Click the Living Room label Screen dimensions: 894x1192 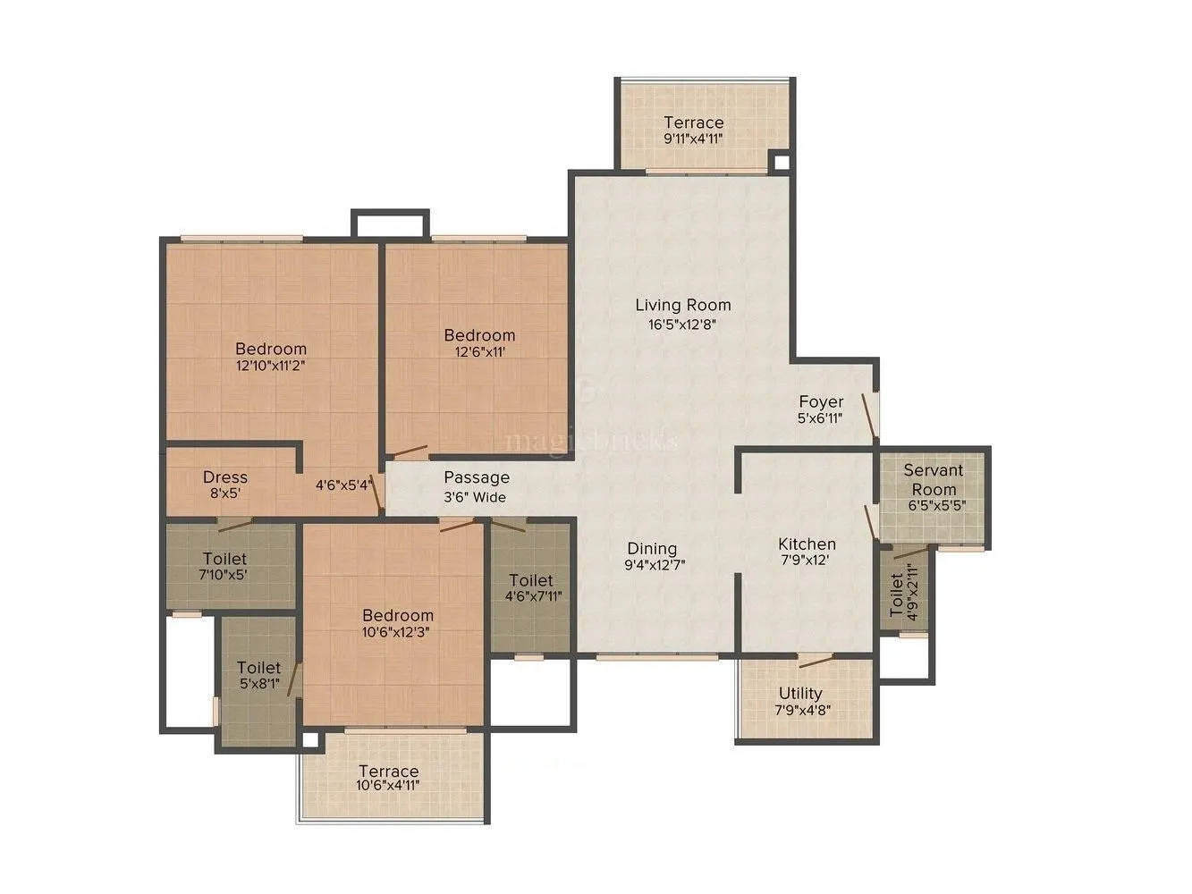coord(682,305)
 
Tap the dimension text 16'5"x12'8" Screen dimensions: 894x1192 coord(682,325)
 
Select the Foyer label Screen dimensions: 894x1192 coord(821,401)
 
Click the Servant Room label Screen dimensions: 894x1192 coord(934,479)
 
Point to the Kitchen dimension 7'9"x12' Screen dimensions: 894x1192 coord(807,561)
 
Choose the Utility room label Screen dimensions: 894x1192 coord(800,693)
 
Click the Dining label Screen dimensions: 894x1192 coord(652,548)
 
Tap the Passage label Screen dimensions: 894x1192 coord(477,477)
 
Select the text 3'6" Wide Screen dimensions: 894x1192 coord(476,497)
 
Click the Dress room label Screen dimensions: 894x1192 coord(224,477)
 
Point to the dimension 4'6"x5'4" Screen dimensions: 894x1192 coord(343,485)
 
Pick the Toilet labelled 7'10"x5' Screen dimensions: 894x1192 coord(224,559)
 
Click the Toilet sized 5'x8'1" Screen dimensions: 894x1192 coord(258,668)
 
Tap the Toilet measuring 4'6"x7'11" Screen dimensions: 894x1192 coord(531,580)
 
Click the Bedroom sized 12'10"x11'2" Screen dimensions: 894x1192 coord(271,349)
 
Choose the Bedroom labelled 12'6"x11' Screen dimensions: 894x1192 coord(480,335)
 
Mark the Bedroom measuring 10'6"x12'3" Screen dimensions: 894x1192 coord(398,615)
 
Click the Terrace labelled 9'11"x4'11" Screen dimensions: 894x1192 coord(693,122)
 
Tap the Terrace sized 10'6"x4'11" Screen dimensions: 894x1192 coord(388,771)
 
